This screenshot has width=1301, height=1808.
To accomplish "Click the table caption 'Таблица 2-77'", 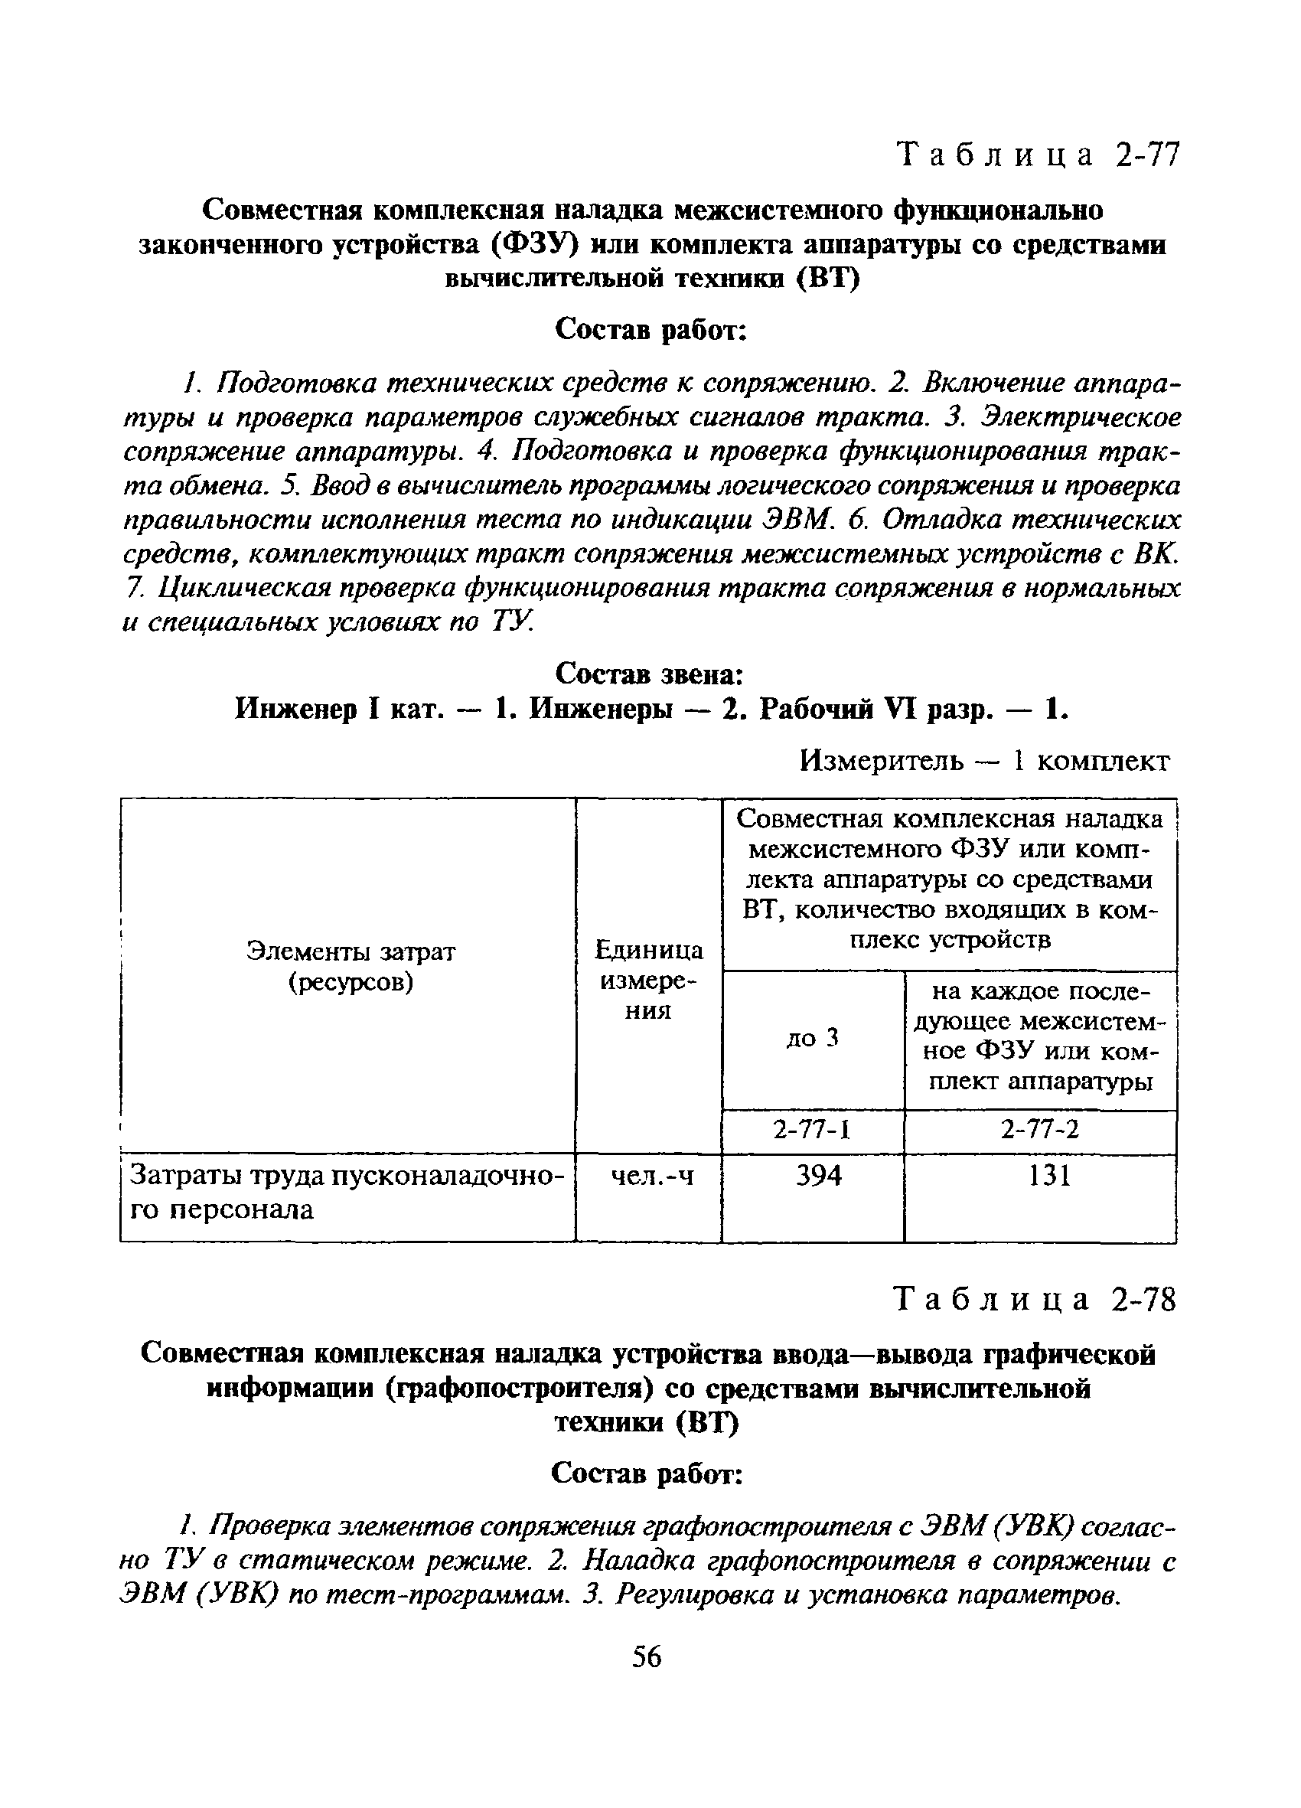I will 1037,155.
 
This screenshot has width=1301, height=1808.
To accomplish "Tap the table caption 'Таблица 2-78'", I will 1035,1300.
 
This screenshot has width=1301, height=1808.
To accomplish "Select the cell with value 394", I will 819,1176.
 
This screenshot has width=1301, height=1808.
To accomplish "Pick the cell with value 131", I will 1048,1176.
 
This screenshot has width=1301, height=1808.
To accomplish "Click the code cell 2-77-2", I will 1039,1131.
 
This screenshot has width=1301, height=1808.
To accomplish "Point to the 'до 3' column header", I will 812,1039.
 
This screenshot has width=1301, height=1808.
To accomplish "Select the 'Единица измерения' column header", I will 649,980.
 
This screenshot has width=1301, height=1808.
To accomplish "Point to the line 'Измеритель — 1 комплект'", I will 983,762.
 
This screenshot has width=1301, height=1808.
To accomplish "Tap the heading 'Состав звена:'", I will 649,674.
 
